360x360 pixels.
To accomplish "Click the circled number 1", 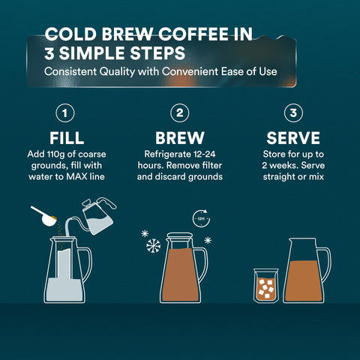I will (x=66, y=114).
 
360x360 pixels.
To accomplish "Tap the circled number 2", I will (x=180, y=114).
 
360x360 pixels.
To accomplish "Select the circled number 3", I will (x=293, y=114).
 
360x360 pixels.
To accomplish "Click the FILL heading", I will (x=66, y=139).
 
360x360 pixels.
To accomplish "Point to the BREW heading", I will (x=180, y=139).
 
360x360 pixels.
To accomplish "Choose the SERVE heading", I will (x=293, y=139).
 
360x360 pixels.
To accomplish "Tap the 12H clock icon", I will (x=202, y=219).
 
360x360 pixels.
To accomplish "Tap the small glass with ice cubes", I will (x=266, y=286).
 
